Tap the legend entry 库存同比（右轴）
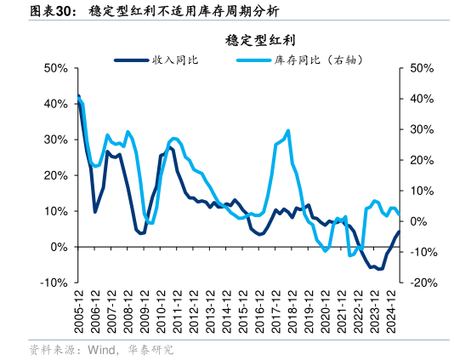click(305, 60)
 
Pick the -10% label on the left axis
click(54, 283)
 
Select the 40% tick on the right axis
click(423, 99)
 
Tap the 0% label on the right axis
click(419, 221)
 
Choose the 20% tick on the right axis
click(423, 160)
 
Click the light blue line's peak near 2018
click(288, 130)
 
